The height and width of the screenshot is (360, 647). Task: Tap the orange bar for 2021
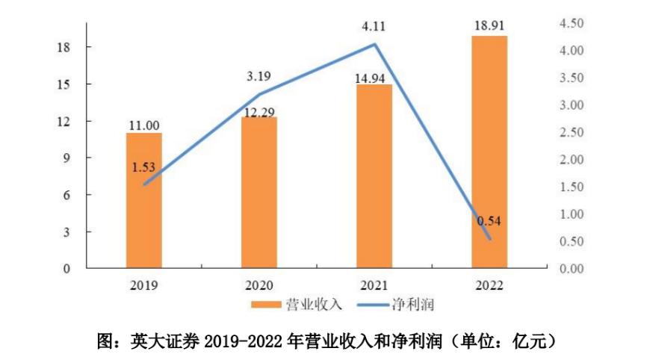pyautogui.click(x=374, y=176)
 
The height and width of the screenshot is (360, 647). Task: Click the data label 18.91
pyautogui.click(x=489, y=26)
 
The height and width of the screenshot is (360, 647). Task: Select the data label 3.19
pyautogui.click(x=259, y=75)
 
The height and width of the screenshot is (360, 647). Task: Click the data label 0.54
pyautogui.click(x=489, y=221)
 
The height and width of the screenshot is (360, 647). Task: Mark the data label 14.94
pyautogui.click(x=374, y=76)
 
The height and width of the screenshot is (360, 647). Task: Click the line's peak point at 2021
pyautogui.click(x=374, y=44)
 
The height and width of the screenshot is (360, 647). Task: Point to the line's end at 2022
pyautogui.click(x=490, y=239)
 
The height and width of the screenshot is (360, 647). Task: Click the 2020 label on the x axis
pyautogui.click(x=259, y=285)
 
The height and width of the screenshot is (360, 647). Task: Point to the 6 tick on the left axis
pyautogui.click(x=66, y=195)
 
